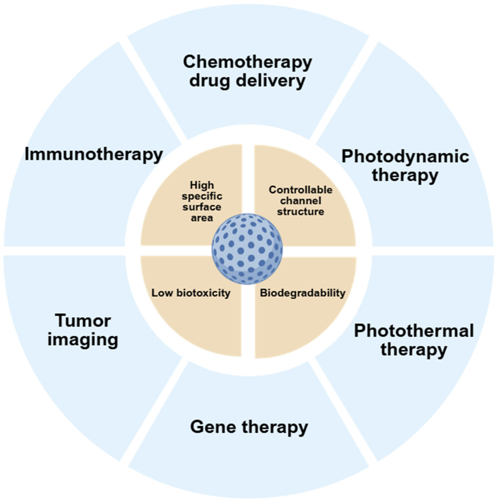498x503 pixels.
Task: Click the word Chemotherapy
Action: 247,62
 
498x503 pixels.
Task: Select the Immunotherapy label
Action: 94,155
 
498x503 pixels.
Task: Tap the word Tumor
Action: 83,321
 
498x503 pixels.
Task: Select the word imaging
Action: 83,340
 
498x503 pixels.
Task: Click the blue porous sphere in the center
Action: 247,249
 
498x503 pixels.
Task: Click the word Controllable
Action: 301,190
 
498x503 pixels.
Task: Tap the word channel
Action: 301,201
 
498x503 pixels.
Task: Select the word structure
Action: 301,211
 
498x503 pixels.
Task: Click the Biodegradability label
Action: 303,293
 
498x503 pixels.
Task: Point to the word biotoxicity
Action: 203,293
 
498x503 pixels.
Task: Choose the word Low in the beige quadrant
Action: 162,293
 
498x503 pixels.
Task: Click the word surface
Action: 202,207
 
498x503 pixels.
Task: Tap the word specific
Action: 202,196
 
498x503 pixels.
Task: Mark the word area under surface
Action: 202,218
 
